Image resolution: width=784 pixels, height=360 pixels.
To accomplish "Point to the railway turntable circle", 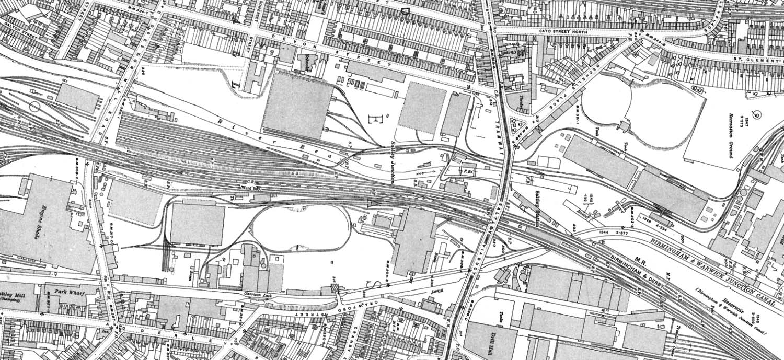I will click(x=35, y=107).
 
